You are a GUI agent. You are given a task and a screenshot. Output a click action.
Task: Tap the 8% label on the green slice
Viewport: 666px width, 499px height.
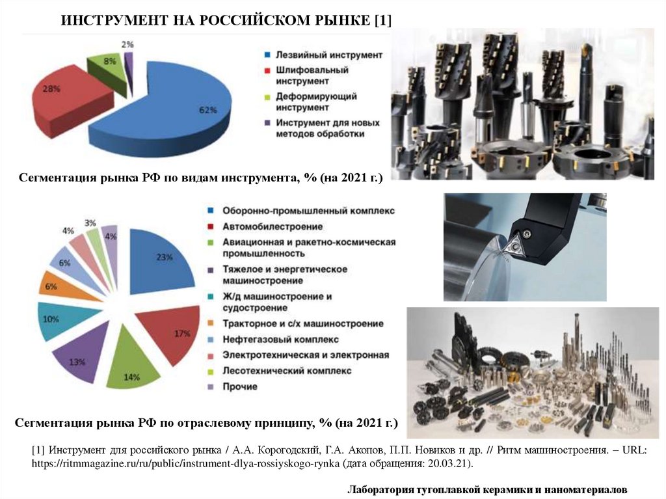109,61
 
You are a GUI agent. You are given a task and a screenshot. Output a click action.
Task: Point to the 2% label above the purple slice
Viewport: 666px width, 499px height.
127,44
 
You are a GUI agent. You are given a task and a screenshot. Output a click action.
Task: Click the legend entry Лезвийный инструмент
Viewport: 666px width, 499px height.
329,55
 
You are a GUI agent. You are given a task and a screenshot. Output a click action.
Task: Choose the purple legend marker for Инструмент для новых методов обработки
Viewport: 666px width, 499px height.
267,123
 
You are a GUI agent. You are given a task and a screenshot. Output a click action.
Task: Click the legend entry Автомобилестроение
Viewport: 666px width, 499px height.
273,227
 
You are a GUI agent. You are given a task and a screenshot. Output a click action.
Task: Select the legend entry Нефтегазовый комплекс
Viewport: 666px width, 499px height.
280,340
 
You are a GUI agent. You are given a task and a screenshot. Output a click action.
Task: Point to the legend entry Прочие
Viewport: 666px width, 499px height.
240,387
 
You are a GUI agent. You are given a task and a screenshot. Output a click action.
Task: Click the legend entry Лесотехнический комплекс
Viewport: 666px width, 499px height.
287,371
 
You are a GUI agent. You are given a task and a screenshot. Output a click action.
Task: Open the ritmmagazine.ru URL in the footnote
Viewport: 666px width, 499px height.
185,463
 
